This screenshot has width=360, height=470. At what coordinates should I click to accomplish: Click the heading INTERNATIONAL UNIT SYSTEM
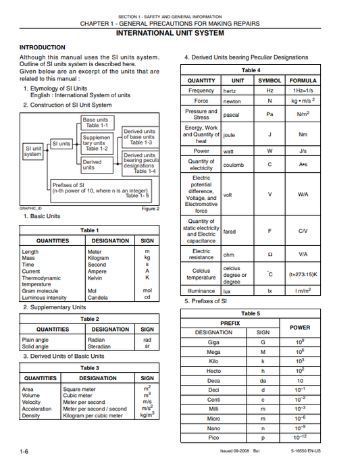(x=180, y=33)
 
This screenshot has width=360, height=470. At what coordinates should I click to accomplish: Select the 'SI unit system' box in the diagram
(x=33, y=151)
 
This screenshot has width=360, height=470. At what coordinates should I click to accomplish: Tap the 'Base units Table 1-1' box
(x=95, y=122)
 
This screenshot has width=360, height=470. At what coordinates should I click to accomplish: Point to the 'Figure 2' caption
(x=151, y=209)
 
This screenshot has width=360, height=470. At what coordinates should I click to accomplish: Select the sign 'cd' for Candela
(x=147, y=297)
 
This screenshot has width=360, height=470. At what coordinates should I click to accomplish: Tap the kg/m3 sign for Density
(x=147, y=415)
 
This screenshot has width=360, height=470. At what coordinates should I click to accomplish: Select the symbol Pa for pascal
(x=269, y=115)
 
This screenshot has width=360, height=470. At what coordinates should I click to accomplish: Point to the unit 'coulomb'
(x=234, y=165)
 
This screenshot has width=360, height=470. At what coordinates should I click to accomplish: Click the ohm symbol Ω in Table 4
(x=269, y=256)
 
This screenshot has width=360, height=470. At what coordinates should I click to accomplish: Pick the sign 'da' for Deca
(x=263, y=380)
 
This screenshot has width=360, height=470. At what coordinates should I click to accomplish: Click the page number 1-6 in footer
(x=24, y=450)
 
